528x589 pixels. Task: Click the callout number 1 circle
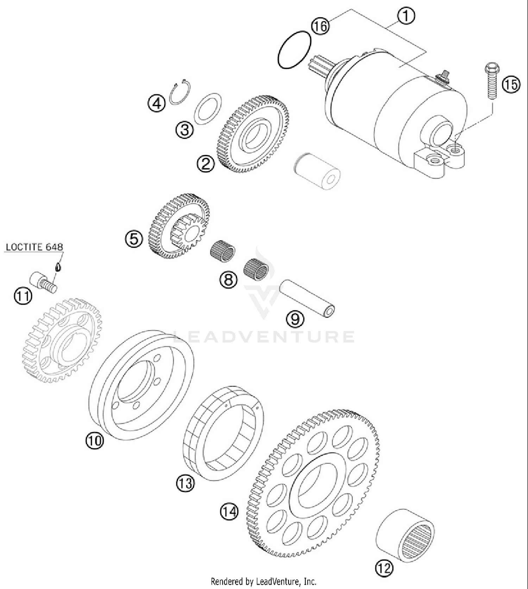pos(406,16)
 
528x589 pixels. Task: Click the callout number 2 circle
pos(206,164)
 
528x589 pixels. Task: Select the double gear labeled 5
pos(180,226)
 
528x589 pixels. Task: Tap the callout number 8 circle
pos(229,280)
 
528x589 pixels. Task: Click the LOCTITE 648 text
pos(34,247)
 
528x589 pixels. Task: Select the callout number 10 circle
pos(95,440)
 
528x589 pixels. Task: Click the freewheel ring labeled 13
pos(224,433)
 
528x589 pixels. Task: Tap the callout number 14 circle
pos(230,511)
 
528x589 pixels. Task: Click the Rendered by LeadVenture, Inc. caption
pos(264,581)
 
